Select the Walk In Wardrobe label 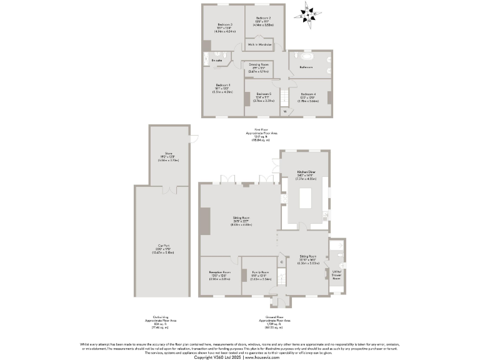tap(259, 45)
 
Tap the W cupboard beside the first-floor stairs tap(284, 112)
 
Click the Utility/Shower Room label tap(336, 276)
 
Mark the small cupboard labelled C tap(282, 262)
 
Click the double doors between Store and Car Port tap(168, 187)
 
